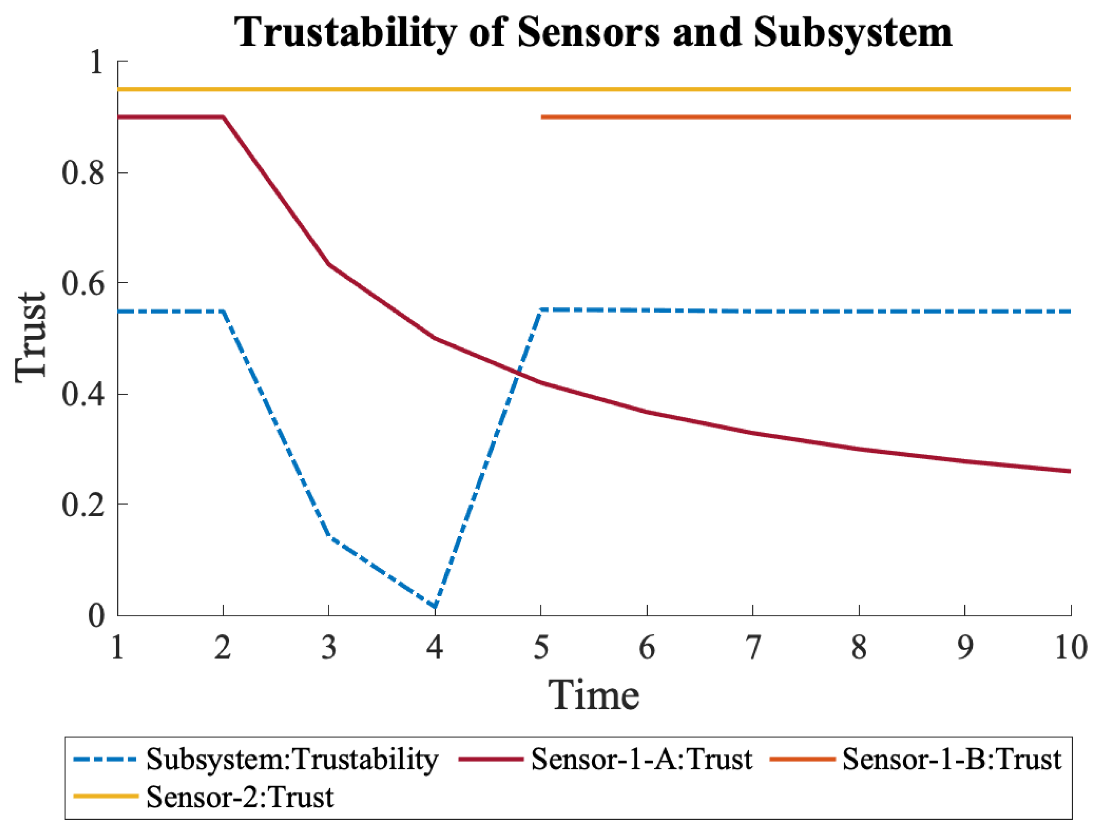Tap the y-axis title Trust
click(31, 338)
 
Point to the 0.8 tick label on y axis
click(83, 174)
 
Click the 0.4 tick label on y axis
click(83, 395)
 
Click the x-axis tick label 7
click(753, 648)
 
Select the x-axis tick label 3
click(329, 648)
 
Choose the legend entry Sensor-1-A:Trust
click(642, 759)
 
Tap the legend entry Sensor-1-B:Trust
click(951, 759)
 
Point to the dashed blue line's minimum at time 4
click(435, 607)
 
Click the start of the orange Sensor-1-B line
click(542, 117)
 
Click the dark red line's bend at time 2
click(223, 117)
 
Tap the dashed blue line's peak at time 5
click(541, 310)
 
